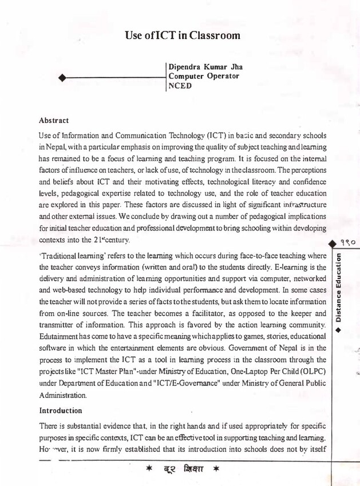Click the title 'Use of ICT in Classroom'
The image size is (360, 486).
click(183, 35)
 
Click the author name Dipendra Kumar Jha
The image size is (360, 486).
click(201, 66)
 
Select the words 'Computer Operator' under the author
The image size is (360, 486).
click(204, 76)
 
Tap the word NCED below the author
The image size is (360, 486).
click(180, 86)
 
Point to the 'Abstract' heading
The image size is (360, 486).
click(54, 121)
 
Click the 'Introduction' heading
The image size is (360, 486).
click(61, 411)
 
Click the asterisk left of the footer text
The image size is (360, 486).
click(148, 472)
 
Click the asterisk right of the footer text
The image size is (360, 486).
click(216, 472)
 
